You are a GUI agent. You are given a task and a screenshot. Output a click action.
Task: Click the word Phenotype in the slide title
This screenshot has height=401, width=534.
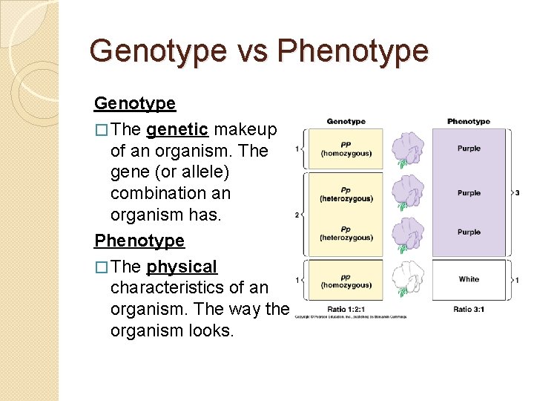point(352,51)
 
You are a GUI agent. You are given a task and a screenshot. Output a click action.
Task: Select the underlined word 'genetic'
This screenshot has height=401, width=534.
point(177,130)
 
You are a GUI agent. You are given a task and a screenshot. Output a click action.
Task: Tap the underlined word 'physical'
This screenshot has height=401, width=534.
point(182,267)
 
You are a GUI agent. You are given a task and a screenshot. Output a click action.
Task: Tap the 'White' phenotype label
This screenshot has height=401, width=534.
point(469,279)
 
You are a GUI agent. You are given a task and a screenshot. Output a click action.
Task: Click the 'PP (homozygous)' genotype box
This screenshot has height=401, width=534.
point(346,149)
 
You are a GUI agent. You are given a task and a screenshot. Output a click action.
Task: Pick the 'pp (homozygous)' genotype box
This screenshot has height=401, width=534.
point(346,281)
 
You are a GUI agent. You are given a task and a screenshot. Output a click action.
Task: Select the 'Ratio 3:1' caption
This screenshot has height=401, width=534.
point(469,309)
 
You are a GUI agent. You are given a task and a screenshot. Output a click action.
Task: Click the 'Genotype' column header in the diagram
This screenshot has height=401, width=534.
point(346,121)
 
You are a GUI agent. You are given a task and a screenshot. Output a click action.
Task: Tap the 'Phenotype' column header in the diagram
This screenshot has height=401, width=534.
point(469,121)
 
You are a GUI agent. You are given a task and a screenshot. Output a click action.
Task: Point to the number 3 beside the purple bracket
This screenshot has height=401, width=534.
point(516,193)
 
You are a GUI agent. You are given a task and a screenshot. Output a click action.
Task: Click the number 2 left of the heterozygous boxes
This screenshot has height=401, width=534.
point(297,215)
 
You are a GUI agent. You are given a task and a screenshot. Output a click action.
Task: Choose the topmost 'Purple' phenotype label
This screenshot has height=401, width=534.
point(469,149)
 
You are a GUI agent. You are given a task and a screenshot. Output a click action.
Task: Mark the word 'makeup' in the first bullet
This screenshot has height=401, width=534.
point(245,130)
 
